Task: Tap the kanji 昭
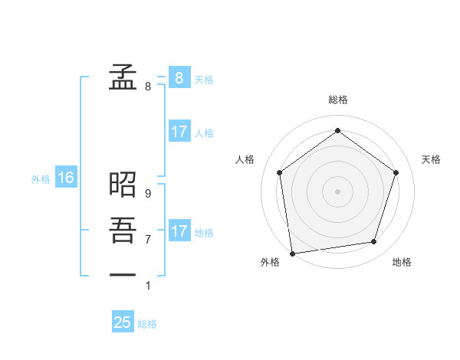point(123,184)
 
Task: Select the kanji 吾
point(123,230)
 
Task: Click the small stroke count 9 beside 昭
point(148,195)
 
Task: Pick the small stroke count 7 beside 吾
point(148,240)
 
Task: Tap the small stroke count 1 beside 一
point(148,286)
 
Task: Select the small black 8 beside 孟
point(148,87)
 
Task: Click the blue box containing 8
point(179,77)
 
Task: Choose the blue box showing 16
point(66,178)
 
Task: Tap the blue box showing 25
point(123,322)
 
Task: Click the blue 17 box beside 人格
point(179,132)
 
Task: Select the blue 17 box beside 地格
point(179,231)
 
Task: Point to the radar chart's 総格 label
point(338,100)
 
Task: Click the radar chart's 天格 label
point(431,159)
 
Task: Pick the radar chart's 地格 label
point(402,262)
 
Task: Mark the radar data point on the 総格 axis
point(337,131)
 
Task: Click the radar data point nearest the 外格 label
point(292,253)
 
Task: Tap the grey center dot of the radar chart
point(337,191)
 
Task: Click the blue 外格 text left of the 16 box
point(41,179)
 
